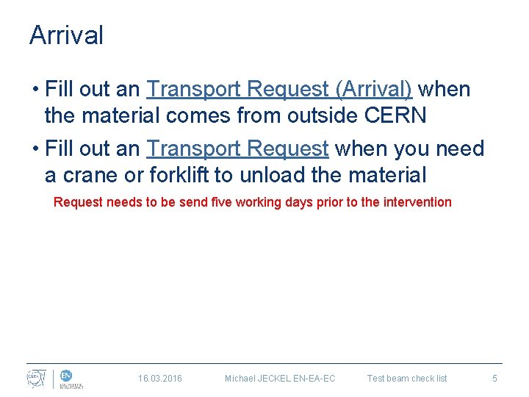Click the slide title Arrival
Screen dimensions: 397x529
(66, 35)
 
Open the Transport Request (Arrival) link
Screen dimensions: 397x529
(279, 90)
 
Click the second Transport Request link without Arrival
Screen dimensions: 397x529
(237, 149)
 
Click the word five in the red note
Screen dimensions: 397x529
(221, 201)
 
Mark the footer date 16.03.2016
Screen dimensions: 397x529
(160, 379)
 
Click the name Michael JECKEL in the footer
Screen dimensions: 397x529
(254, 379)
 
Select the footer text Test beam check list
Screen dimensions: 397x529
(407, 379)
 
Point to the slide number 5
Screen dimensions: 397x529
(494, 379)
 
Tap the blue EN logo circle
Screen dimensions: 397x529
(66, 375)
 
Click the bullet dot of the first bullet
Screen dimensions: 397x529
(35, 90)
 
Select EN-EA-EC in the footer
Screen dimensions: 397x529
(310, 379)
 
